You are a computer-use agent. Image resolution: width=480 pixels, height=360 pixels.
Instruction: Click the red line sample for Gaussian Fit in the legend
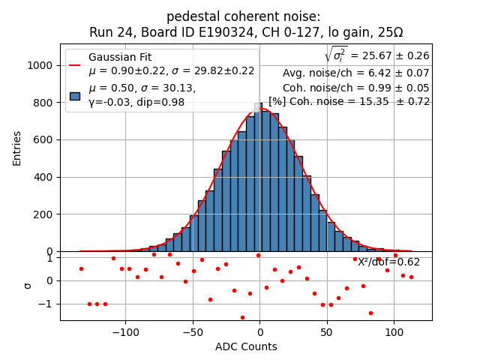coord(75,64)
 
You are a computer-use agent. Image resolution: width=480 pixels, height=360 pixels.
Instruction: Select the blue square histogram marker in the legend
coord(75,95)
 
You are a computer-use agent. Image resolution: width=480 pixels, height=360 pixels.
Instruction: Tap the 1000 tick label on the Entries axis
coord(40,65)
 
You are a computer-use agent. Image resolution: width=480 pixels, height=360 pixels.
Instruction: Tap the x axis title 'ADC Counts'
coord(246,346)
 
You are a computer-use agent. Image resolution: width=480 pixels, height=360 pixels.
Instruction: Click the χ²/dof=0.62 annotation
coord(388,262)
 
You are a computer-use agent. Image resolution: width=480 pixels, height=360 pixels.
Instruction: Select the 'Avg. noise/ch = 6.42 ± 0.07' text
coord(355,73)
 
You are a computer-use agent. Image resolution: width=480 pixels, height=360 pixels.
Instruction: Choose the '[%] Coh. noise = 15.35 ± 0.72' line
coord(349,101)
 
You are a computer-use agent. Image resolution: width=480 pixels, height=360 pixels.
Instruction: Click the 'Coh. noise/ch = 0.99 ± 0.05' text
coord(355,87)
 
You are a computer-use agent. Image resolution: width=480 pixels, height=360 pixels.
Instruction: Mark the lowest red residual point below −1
coord(242,317)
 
